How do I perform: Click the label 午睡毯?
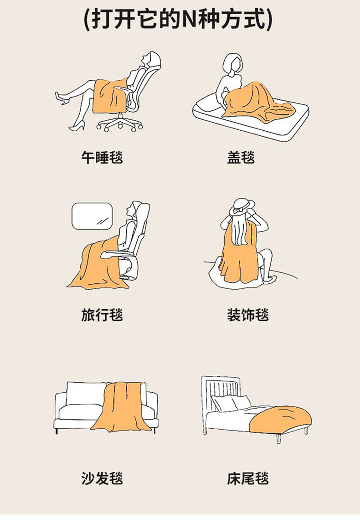tap(102, 158)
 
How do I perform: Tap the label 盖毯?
tap(241, 158)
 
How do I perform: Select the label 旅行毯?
tap(102, 315)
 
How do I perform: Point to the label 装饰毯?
tap(248, 315)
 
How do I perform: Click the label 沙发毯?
tap(102, 478)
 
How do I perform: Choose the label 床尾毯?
tap(248, 478)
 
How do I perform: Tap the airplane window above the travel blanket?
tap(92, 216)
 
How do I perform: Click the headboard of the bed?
tap(221, 390)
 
